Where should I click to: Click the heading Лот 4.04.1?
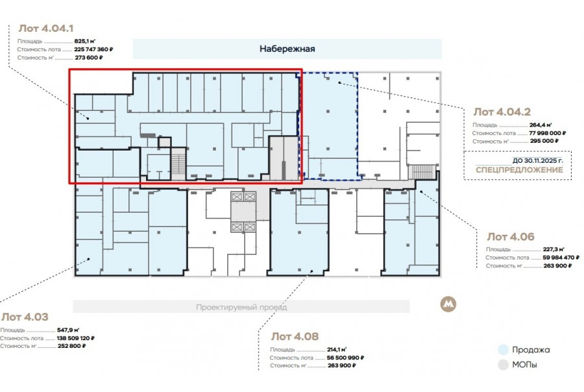[46, 29]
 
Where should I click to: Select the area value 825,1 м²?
[85, 42]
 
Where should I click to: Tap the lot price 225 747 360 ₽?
[93, 49]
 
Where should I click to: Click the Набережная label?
[287, 49]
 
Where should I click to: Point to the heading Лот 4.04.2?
[502, 112]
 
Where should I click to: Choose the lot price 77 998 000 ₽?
[548, 133]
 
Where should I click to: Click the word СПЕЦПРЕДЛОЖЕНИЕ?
[519, 170]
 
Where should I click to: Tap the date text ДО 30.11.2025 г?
[538, 160]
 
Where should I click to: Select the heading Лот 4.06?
[511, 237]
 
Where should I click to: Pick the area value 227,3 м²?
[554, 249]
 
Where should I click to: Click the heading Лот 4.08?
[295, 336]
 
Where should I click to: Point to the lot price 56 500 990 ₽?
[345, 358]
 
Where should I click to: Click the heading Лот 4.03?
[25, 317]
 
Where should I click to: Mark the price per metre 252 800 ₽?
[71, 346]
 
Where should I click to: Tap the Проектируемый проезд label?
[241, 308]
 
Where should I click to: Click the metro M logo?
[448, 304]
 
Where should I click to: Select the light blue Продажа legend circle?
[503, 350]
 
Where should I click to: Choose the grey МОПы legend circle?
[503, 365]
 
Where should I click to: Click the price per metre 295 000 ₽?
[544, 141]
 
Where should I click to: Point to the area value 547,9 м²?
[68, 330]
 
